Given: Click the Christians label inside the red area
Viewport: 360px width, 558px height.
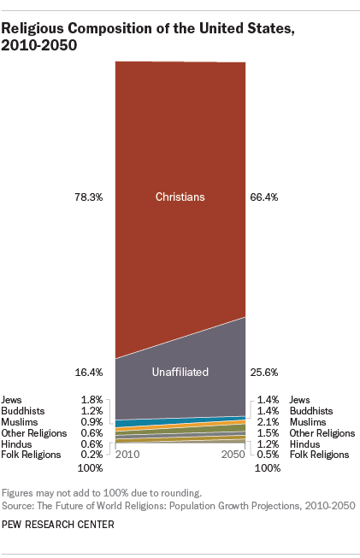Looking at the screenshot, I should point(180,197).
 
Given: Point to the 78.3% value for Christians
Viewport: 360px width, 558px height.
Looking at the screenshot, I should point(89,197).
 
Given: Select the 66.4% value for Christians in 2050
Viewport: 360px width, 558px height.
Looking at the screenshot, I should point(264,197).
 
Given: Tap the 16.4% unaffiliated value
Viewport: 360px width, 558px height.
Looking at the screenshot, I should point(89,373).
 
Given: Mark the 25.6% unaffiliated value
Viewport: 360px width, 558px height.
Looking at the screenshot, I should point(264,373).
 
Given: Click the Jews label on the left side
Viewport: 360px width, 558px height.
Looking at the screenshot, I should point(13,399).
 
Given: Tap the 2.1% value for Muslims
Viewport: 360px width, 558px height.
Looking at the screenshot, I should point(267,422).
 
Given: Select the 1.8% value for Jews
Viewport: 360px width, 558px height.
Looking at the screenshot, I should point(91,399).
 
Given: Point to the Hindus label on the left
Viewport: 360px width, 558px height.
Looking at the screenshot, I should point(18,443).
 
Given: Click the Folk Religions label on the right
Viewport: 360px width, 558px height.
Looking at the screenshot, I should point(320,455).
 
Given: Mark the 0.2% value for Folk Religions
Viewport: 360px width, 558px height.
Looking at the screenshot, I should point(91,455).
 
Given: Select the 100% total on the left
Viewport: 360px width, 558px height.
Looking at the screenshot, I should point(90,468).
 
